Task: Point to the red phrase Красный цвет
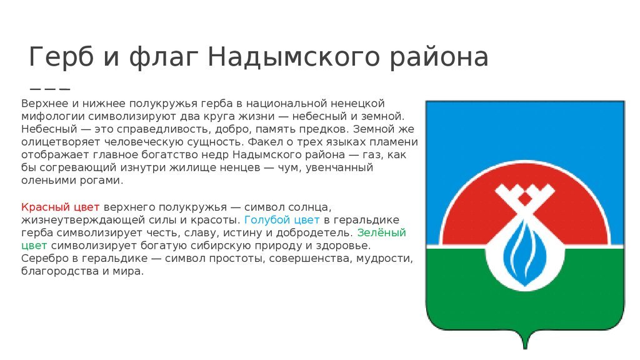(61, 207)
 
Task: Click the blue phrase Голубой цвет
(282, 220)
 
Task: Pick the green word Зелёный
(382, 232)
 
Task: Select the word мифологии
(53, 117)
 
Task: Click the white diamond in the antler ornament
(525, 199)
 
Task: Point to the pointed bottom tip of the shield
(525, 348)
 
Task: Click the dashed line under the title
(50, 89)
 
